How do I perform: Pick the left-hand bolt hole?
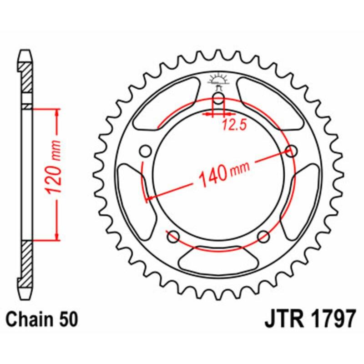146,151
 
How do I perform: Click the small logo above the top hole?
218,81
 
